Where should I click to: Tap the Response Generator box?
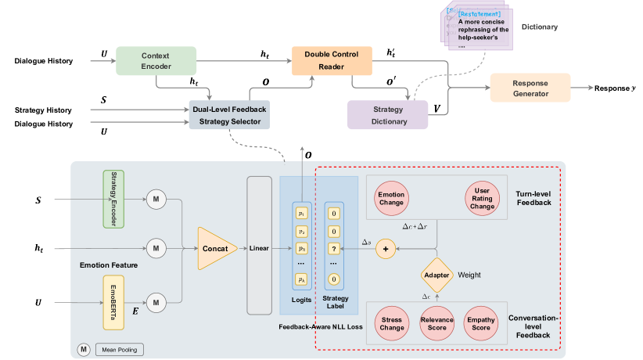point(530,88)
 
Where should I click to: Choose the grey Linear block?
point(259,249)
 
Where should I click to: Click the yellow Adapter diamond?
point(436,275)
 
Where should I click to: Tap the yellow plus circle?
point(385,248)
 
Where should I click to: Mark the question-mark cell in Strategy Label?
point(334,248)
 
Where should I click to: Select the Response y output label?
point(612,88)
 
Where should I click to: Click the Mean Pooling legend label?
point(120,349)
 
